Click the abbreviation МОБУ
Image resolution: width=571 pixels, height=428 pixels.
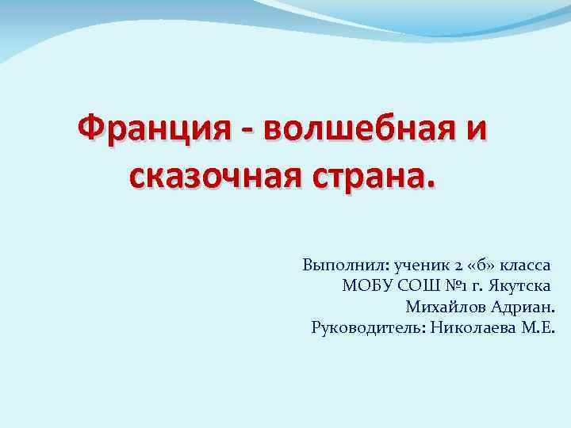364,286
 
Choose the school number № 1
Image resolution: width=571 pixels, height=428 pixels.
467,286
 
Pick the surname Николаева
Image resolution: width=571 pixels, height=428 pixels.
471,328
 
